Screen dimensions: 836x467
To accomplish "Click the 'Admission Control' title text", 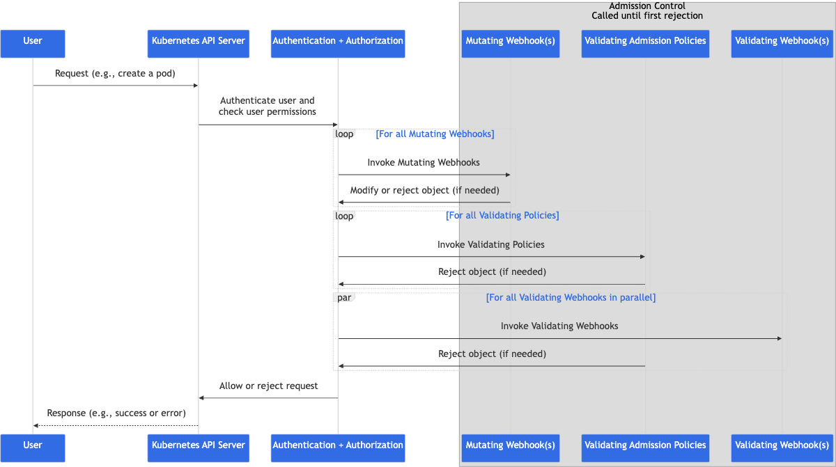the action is (x=647, y=6).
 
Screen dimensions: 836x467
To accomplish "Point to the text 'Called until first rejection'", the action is (x=647, y=15).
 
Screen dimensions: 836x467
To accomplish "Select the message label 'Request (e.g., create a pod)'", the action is (x=115, y=73).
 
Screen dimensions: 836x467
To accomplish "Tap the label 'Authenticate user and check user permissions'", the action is (x=268, y=106).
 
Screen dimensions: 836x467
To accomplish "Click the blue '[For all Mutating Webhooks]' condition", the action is (x=435, y=134).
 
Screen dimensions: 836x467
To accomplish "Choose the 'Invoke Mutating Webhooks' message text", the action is (x=424, y=162).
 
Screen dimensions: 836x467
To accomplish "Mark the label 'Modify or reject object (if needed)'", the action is (x=425, y=191).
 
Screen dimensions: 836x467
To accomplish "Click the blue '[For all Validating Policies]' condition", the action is (x=502, y=216).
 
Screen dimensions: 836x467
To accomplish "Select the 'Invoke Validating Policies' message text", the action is (x=490, y=244).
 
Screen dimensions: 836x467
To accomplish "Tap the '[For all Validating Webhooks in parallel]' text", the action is (x=571, y=297).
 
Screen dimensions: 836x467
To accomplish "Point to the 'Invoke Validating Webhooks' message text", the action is (x=559, y=326).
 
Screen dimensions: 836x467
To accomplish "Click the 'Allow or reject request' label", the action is (x=268, y=386).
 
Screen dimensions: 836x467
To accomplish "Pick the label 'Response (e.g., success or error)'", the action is (x=116, y=413).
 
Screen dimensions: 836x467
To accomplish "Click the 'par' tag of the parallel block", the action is (x=344, y=297).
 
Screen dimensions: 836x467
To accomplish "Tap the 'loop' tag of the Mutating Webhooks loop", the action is (x=344, y=134).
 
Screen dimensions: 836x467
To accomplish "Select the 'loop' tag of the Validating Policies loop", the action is (x=344, y=216).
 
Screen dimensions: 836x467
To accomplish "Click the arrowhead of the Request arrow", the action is (x=196, y=86).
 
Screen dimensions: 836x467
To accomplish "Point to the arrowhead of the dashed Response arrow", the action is (x=36, y=426).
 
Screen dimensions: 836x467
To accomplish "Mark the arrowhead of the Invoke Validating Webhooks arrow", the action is (x=780, y=338).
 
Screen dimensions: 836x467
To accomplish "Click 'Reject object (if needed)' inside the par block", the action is (x=493, y=354).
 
